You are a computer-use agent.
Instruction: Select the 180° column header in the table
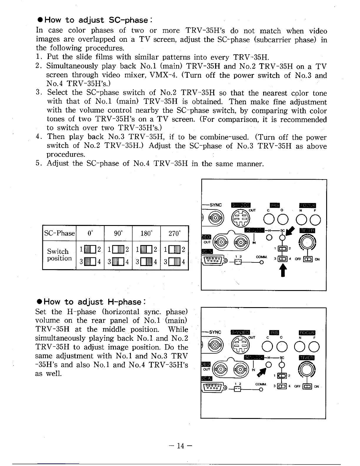coord(146,234)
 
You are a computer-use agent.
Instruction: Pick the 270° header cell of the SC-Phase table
coord(174,234)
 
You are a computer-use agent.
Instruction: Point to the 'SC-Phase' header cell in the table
coord(59,233)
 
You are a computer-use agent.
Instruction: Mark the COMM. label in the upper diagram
coord(261,257)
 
